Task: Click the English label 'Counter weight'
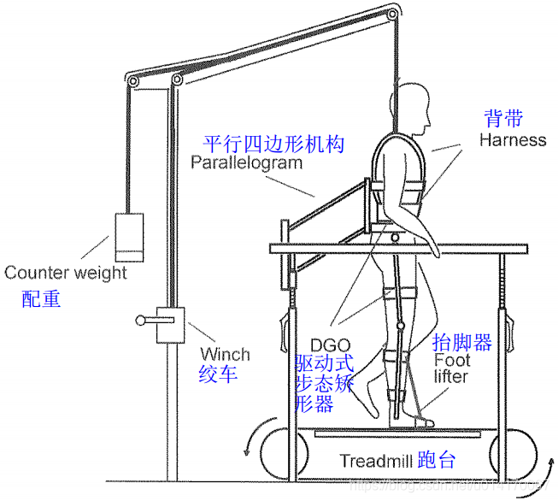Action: click(66, 273)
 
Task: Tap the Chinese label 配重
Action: click(42, 299)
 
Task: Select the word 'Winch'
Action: click(225, 354)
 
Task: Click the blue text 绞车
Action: click(218, 374)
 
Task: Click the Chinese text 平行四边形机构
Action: click(273, 143)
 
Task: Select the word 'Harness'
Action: click(512, 139)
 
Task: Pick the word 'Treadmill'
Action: click(375, 462)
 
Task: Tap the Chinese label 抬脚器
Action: click(462, 344)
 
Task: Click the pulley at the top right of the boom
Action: click(391, 13)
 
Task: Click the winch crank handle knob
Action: click(139, 321)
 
